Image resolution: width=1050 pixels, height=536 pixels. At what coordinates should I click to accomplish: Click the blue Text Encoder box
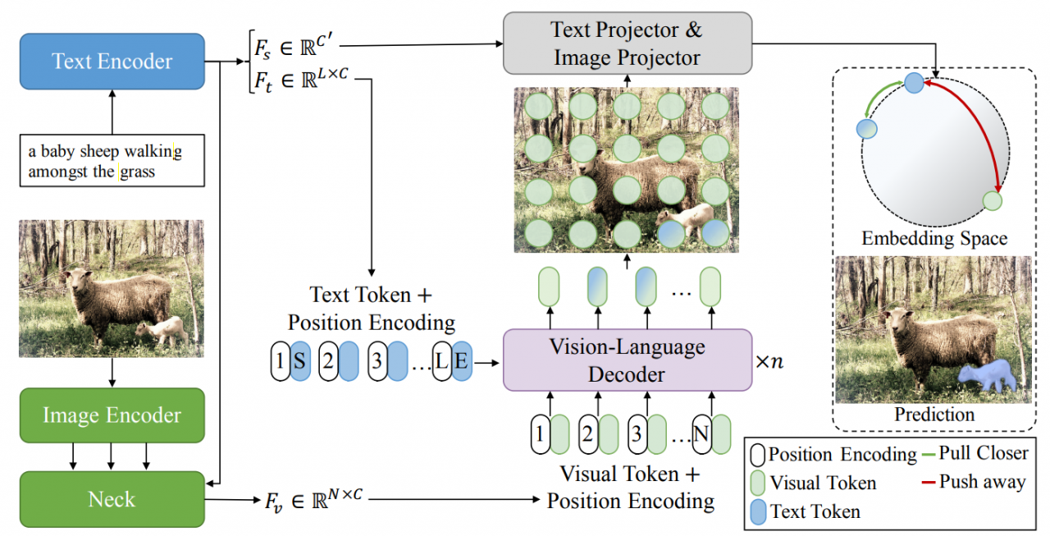pos(112,62)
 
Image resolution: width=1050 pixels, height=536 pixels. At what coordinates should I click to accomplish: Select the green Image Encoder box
pos(112,415)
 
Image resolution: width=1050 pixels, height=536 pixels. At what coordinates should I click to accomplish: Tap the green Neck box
pos(112,498)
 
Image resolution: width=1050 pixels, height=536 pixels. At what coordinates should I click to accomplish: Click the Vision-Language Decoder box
pos(628,360)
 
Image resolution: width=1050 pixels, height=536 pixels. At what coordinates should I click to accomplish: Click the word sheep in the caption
pos(98,152)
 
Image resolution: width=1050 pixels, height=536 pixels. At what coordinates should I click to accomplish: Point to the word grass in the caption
pos(138,172)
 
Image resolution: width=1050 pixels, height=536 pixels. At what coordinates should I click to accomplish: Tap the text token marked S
pos(300,362)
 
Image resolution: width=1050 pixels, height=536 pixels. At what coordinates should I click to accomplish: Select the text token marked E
pos(462,362)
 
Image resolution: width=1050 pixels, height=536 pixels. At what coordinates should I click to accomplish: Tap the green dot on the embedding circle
pos(993,200)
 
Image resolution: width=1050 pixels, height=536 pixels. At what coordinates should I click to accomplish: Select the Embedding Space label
pos(934,239)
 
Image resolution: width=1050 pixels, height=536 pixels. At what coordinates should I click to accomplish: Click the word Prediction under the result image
pos(934,415)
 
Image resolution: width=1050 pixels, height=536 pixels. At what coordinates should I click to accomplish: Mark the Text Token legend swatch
pos(758,511)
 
